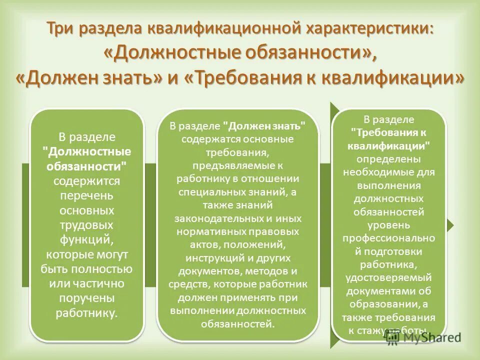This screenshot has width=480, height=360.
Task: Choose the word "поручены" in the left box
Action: point(87,298)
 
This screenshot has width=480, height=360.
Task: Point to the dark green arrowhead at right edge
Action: point(450,225)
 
